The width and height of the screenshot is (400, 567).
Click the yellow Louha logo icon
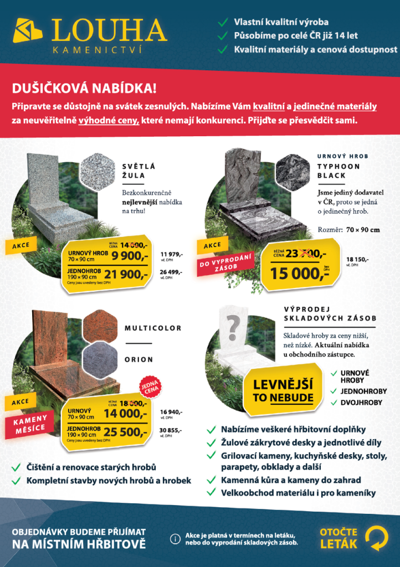pyautogui.click(x=28, y=30)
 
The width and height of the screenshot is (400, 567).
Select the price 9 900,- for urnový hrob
pyautogui.click(x=129, y=255)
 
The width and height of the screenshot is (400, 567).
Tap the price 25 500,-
pyautogui.click(x=126, y=432)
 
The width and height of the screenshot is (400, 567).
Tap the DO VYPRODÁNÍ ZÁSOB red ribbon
pyautogui.click(x=225, y=262)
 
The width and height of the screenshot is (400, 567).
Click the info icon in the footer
pyautogui.click(x=176, y=538)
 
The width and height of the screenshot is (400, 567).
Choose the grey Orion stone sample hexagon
pyautogui.click(x=100, y=360)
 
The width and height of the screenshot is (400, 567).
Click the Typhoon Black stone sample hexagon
pyautogui.click(x=291, y=169)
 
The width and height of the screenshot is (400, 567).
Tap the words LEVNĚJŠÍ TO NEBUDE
pyautogui.click(x=283, y=391)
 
